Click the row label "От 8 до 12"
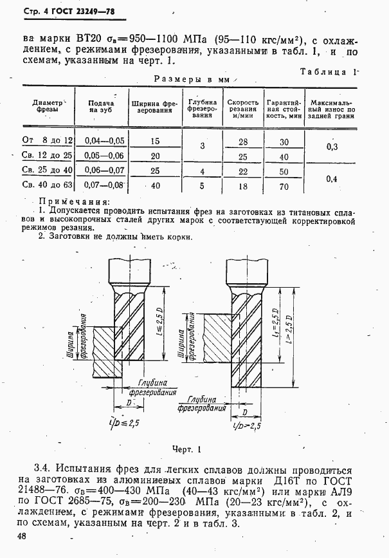coord(48,140)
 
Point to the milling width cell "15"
coord(154,140)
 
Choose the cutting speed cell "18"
coord(243,187)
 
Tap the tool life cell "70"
coord(284,187)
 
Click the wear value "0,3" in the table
coord(332,147)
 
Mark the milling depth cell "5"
coord(201,187)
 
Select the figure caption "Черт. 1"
coord(187,449)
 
